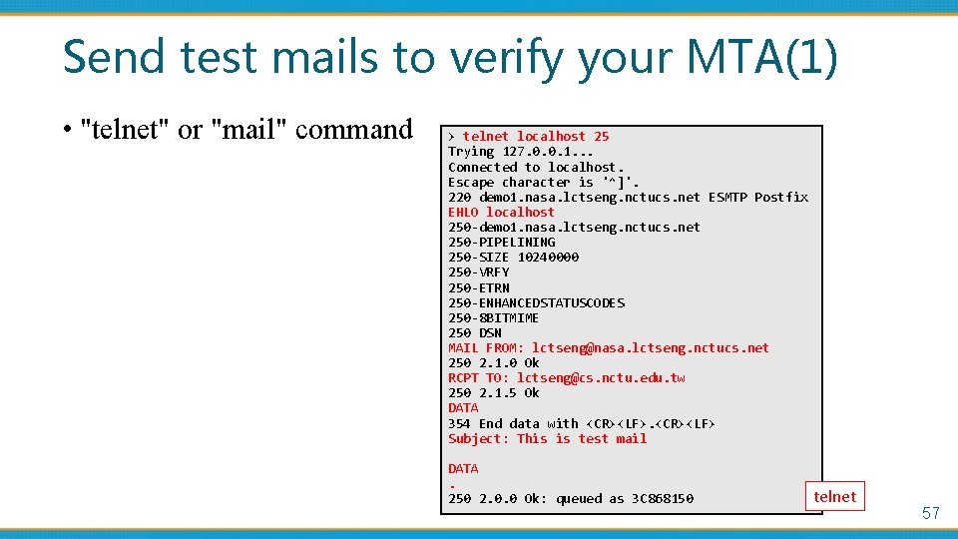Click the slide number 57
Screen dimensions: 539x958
pyautogui.click(x=930, y=513)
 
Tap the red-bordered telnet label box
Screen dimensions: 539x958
pyautogui.click(x=834, y=497)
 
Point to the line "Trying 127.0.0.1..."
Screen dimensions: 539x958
pyautogui.click(x=520, y=152)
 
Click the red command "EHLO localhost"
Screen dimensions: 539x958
pyautogui.click(x=501, y=212)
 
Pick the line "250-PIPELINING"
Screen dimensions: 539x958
pyautogui.click(x=501, y=242)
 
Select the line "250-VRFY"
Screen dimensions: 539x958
pyautogui.click(x=478, y=271)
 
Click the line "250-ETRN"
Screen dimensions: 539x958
pyautogui.click(x=478, y=287)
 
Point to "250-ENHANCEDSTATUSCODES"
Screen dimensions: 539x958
pyautogui.click(x=536, y=302)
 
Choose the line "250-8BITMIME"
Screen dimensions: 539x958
pyautogui.click(x=493, y=317)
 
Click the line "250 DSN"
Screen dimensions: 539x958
pyautogui.click(x=474, y=332)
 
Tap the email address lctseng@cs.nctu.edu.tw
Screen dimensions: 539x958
pyautogui.click(x=601, y=377)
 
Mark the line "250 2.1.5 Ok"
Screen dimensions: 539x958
pyautogui.click(x=493, y=392)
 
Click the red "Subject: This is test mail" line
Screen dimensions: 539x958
pyautogui.click(x=547, y=438)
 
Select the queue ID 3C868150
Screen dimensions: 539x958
pyautogui.click(x=663, y=498)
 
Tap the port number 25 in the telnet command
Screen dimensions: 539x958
pyautogui.click(x=601, y=136)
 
